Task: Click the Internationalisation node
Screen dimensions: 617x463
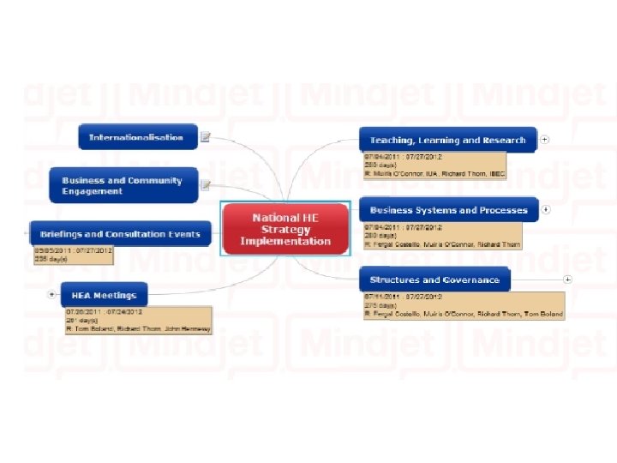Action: click(136, 137)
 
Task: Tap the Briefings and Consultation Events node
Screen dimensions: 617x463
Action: click(120, 234)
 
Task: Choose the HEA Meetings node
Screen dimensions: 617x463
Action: click(104, 295)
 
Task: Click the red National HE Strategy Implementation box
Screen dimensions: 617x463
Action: click(285, 229)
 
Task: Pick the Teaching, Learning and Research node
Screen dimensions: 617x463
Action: click(447, 140)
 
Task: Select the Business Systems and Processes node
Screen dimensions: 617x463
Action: click(448, 210)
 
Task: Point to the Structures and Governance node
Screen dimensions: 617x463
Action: click(434, 280)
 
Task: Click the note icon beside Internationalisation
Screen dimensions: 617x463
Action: click(206, 137)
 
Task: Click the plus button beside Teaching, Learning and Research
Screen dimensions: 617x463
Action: click(545, 140)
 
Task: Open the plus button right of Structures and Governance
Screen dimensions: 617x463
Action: click(567, 280)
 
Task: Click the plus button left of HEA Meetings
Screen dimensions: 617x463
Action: click(52, 294)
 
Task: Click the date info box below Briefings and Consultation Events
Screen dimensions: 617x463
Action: click(73, 255)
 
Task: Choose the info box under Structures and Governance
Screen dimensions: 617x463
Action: click(464, 305)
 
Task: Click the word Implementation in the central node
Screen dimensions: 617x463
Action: click(285, 242)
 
